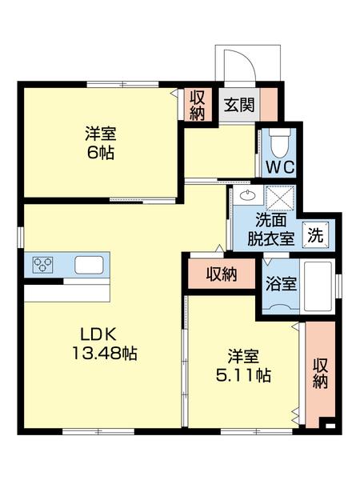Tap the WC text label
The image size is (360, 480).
(x=280, y=168)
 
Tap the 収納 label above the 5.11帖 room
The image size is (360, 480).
(x=222, y=274)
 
